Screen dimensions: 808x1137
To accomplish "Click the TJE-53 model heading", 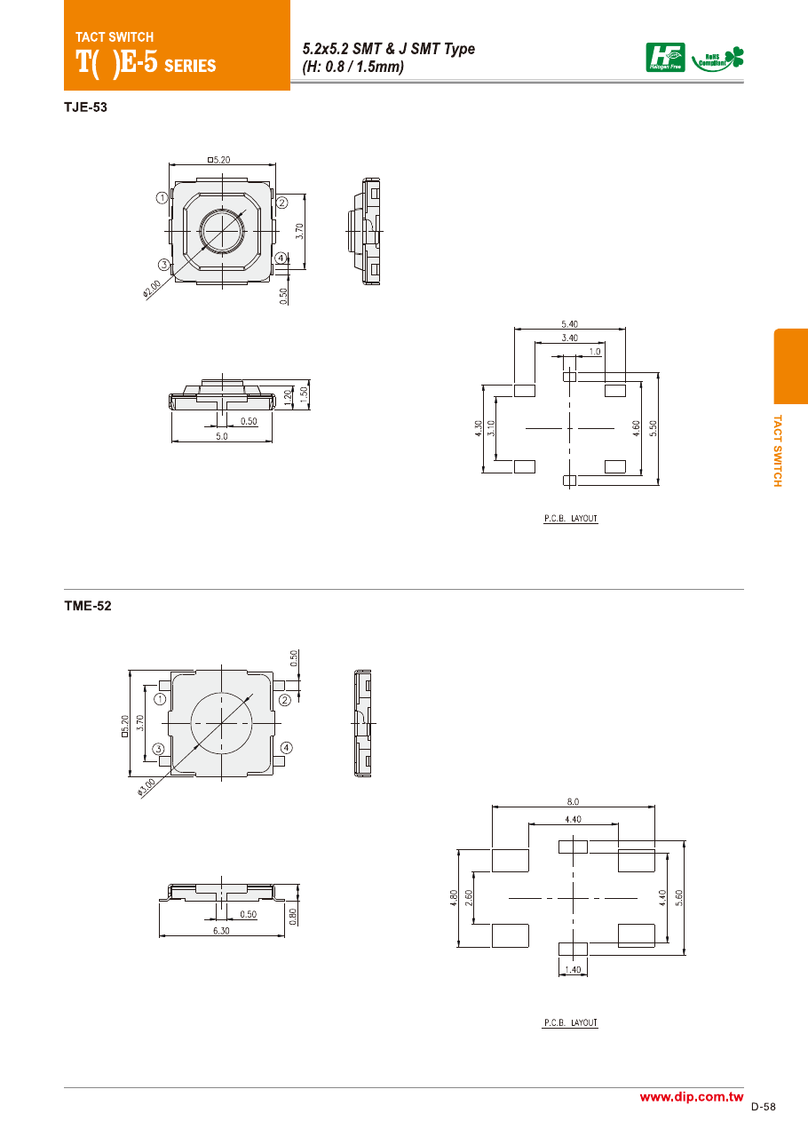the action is [85, 107].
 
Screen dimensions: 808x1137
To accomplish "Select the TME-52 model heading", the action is [87, 606].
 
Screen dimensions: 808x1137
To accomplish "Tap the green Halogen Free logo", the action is [665, 58].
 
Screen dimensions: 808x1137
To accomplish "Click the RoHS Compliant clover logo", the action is [717, 60].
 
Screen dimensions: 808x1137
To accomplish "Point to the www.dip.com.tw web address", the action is [692, 1096].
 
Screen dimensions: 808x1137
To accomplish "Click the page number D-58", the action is [764, 1107].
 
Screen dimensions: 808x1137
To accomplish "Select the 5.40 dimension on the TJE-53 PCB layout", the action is [569, 324].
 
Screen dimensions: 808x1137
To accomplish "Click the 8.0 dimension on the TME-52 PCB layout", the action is [573, 801].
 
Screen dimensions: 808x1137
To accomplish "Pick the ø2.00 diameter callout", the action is [151, 289].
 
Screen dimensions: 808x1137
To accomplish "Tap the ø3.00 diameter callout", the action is [147, 787].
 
